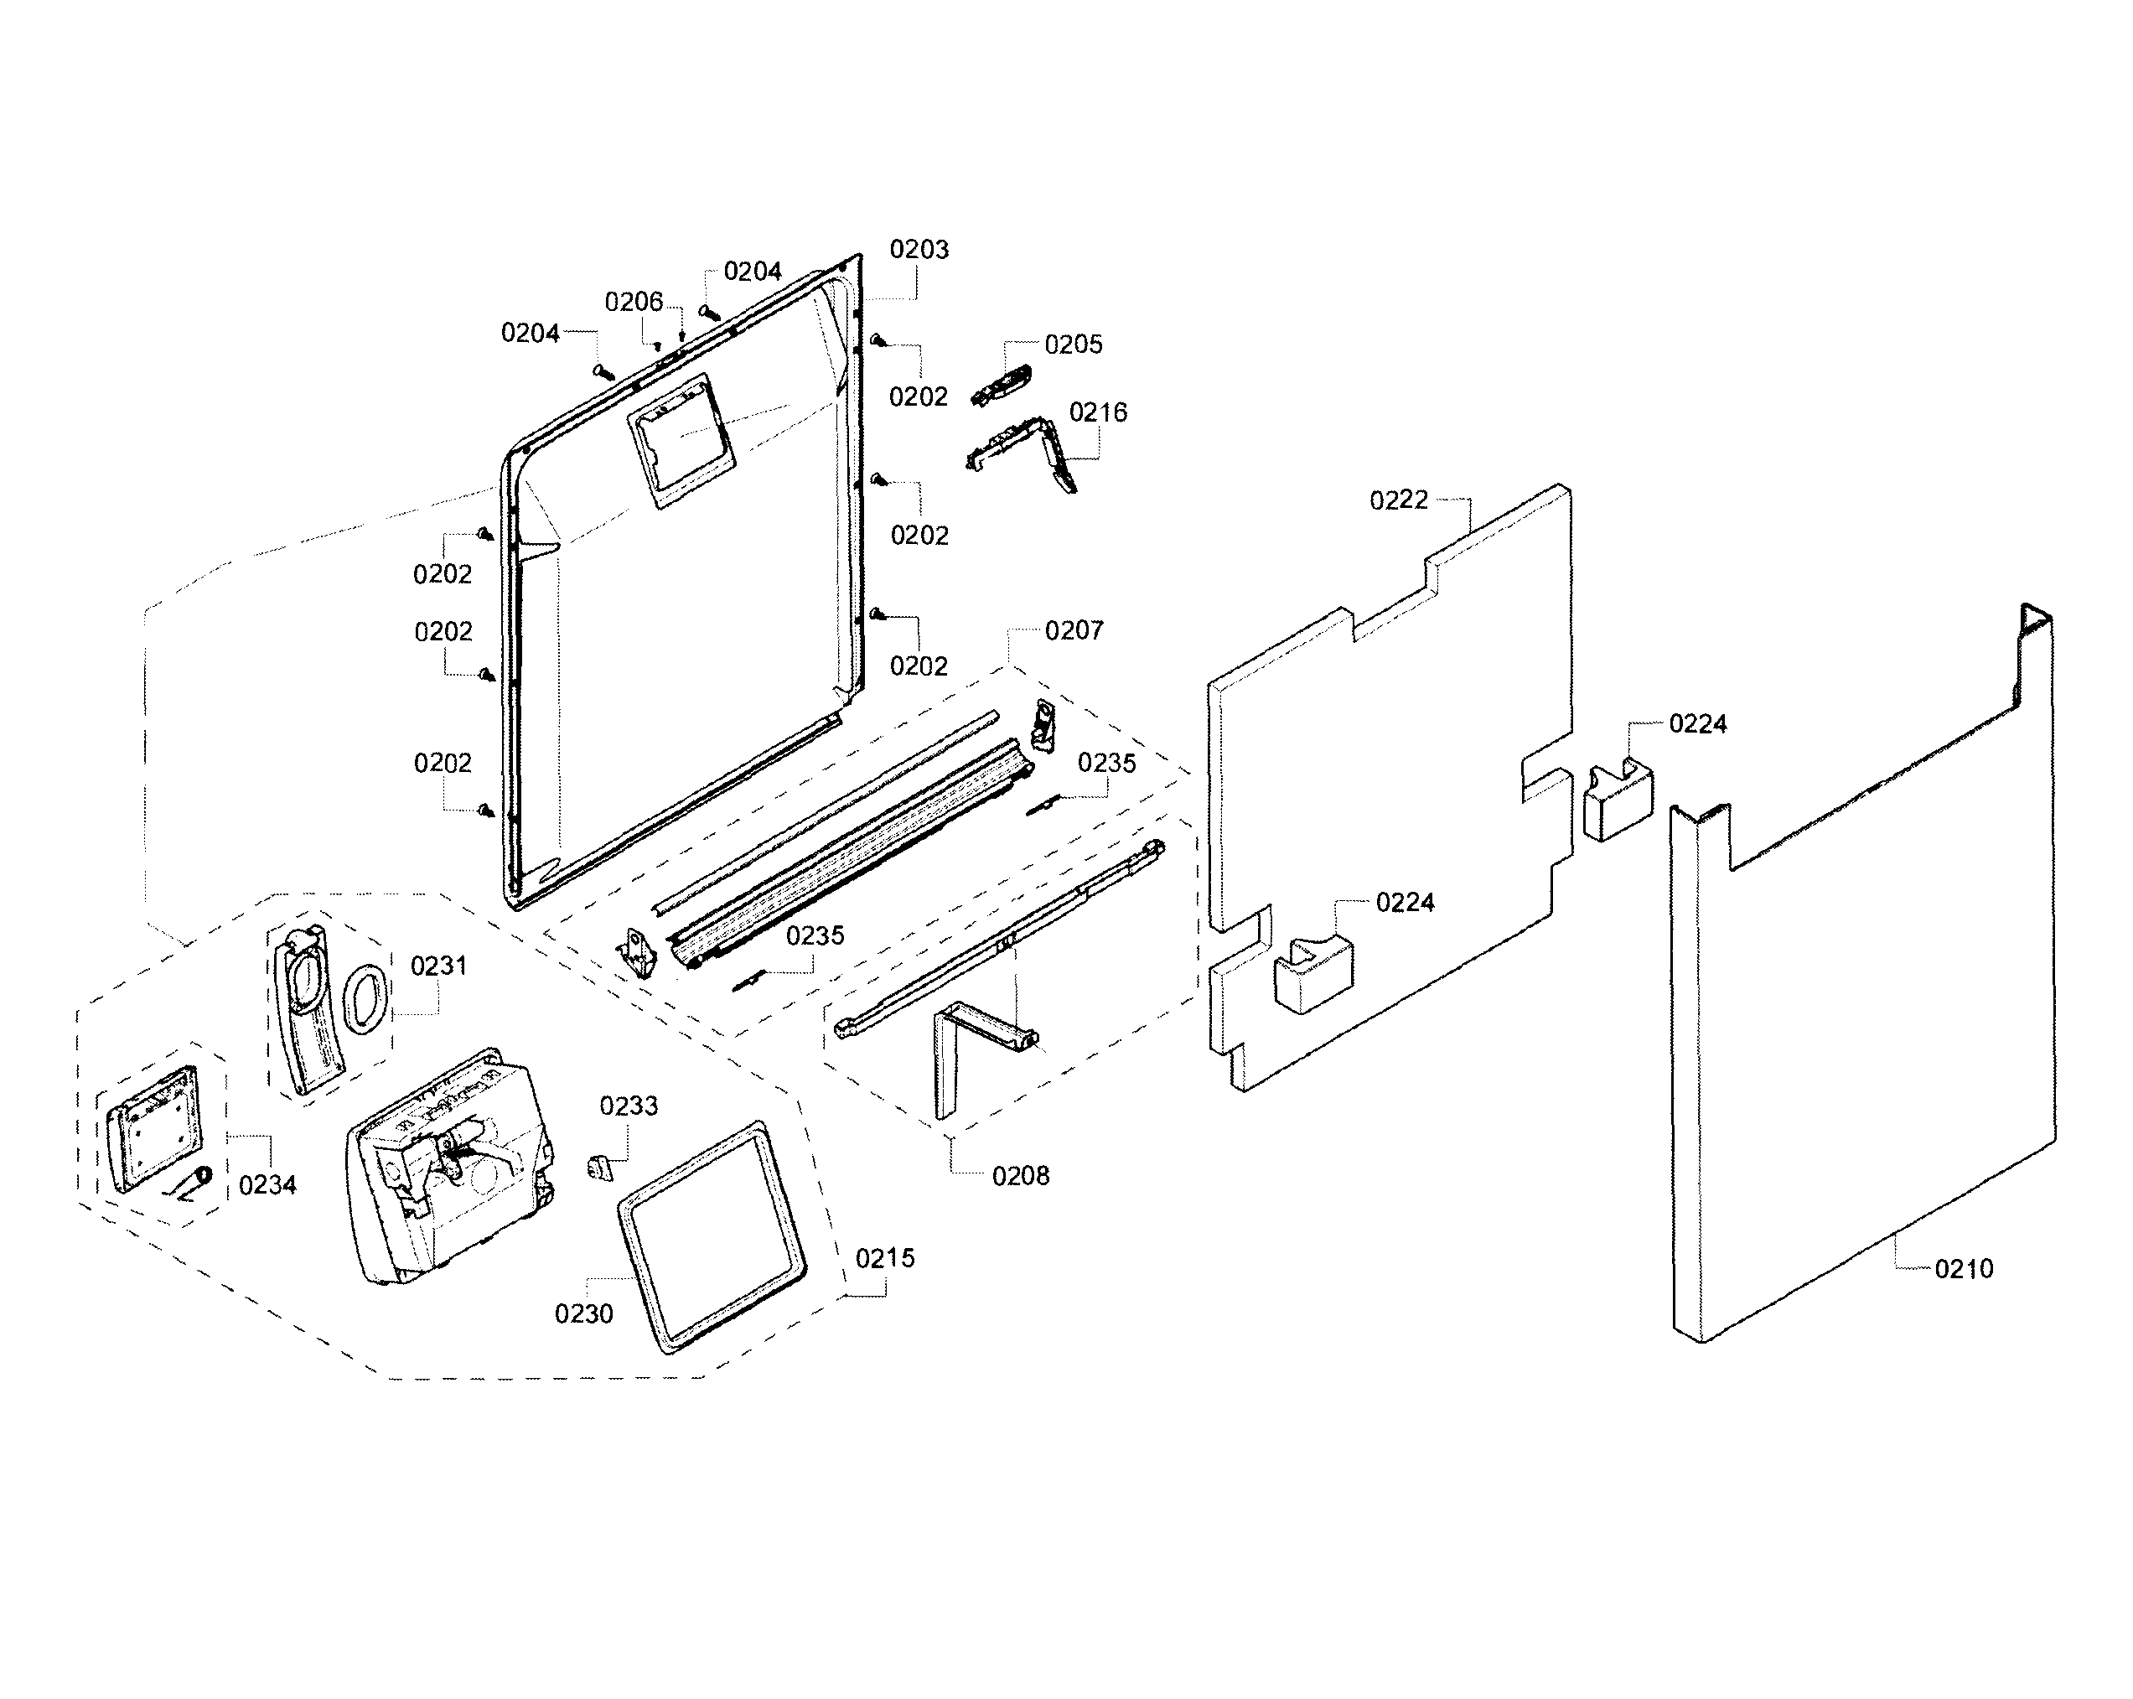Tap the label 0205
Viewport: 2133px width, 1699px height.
(x=1073, y=344)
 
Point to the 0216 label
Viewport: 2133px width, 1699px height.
(x=1097, y=412)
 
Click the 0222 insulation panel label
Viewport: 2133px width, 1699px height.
(x=1398, y=500)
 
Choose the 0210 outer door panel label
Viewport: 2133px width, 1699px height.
(x=1963, y=1268)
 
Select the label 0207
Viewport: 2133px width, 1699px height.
(x=1074, y=630)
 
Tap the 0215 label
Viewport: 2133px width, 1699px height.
(x=884, y=1259)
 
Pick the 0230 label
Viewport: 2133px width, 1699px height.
(x=582, y=1314)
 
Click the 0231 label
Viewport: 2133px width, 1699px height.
(x=438, y=966)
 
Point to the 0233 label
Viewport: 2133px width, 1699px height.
(x=629, y=1106)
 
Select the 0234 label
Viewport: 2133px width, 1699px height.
(x=267, y=1184)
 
